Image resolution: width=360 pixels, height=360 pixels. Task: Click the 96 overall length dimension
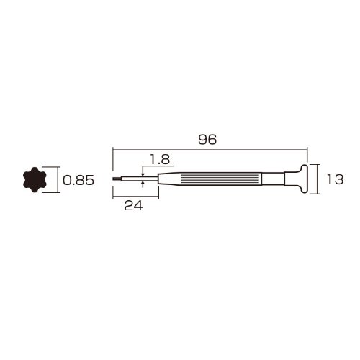[207, 140]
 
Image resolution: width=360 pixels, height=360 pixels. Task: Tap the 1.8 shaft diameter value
[160, 159]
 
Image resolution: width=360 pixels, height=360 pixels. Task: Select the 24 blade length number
[133, 206]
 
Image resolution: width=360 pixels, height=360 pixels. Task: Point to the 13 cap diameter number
[336, 179]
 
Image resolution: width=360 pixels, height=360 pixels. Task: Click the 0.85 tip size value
[78, 180]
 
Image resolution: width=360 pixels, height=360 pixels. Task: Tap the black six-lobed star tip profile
[35, 179]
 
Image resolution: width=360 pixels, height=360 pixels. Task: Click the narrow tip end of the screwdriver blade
[114, 179]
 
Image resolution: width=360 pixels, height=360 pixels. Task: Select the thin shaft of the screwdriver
[135, 179]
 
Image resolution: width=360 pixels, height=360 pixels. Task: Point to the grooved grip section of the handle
[222, 179]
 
